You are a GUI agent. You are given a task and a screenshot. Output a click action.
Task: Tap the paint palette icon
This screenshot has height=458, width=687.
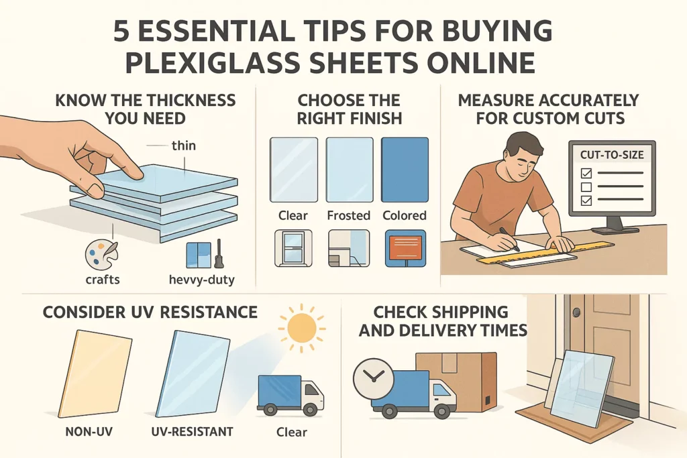pyautogui.click(x=101, y=256)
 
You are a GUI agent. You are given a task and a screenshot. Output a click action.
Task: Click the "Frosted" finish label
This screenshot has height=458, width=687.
pyautogui.click(x=348, y=215)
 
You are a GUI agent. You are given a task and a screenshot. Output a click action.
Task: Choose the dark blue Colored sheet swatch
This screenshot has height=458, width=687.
pyautogui.click(x=405, y=170)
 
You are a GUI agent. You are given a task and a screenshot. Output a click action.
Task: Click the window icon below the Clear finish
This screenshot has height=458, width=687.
pyautogui.click(x=293, y=249)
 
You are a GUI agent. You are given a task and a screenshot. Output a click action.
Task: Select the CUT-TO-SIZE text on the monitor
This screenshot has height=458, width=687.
pyautogui.click(x=611, y=154)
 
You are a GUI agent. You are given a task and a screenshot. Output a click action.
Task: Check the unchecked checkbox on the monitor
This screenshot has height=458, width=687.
pyautogui.click(x=584, y=186)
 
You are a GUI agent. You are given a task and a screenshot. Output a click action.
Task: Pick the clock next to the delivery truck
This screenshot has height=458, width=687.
pyautogui.click(x=372, y=379)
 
